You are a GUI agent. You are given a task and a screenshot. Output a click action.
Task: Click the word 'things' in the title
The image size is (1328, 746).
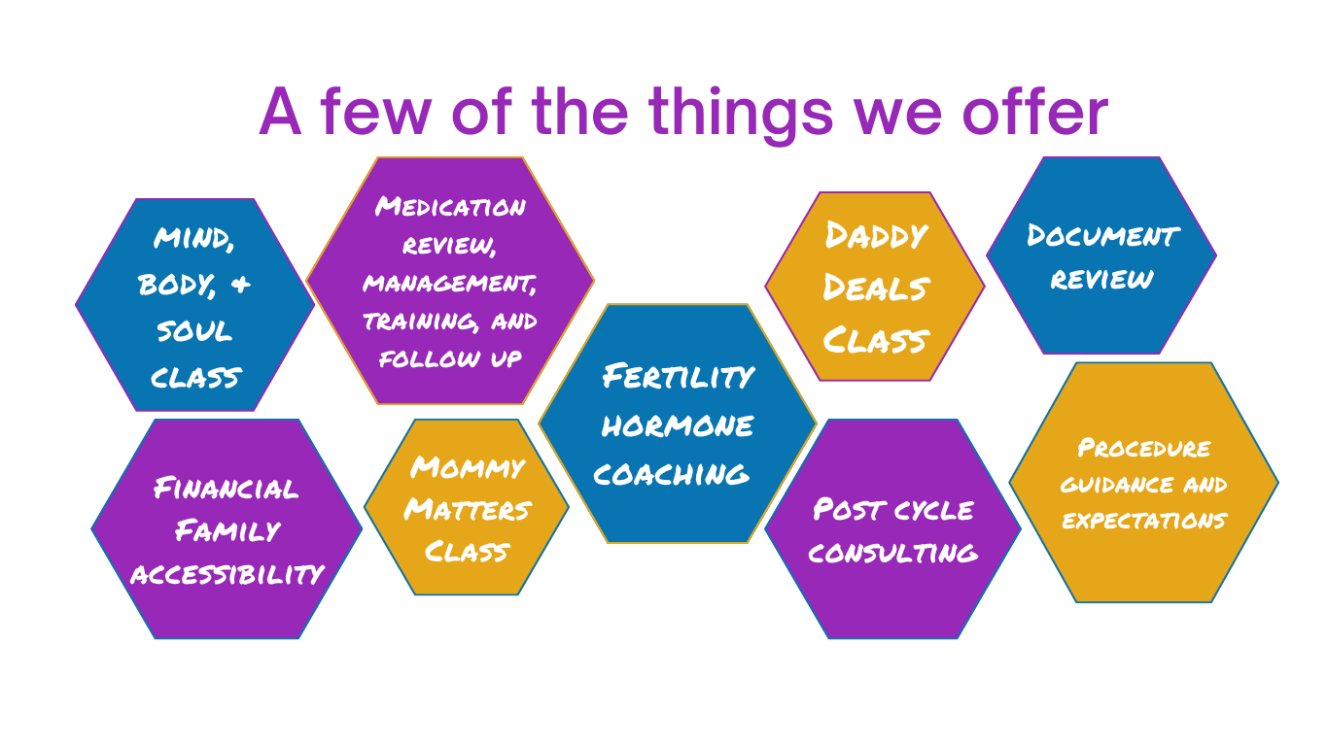741,114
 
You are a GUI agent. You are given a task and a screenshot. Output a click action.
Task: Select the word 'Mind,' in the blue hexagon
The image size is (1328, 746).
193,239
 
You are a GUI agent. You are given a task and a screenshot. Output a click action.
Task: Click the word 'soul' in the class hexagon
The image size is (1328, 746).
194,330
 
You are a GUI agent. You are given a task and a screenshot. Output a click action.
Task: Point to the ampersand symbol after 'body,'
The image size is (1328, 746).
241,285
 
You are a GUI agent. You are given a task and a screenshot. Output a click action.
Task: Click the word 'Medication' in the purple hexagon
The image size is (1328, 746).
450,206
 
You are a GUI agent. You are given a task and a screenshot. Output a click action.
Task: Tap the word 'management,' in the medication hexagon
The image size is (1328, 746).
450,284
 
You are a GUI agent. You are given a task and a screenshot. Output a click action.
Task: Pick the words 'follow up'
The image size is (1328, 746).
450,358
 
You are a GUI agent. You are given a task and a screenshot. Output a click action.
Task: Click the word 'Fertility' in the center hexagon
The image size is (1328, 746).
679,376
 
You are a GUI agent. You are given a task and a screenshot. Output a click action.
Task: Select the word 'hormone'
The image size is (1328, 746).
678,425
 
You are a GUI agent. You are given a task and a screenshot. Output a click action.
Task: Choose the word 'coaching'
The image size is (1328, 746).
672,474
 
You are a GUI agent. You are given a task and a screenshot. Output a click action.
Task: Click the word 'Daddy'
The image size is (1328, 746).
876,235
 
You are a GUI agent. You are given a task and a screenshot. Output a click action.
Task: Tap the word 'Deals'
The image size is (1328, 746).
877,288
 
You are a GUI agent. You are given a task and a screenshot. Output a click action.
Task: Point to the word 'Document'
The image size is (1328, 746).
1103,235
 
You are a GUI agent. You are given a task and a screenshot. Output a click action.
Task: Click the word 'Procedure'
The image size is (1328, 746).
1143,448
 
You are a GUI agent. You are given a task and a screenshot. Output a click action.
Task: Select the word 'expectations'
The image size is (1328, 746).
1144,521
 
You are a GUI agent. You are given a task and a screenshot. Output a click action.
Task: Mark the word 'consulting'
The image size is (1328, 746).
892,553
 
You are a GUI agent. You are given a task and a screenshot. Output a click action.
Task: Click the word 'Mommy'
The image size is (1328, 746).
468,467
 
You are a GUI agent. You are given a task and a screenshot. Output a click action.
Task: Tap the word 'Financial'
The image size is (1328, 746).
226,489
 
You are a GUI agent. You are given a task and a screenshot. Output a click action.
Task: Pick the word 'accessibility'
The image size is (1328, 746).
227,574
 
